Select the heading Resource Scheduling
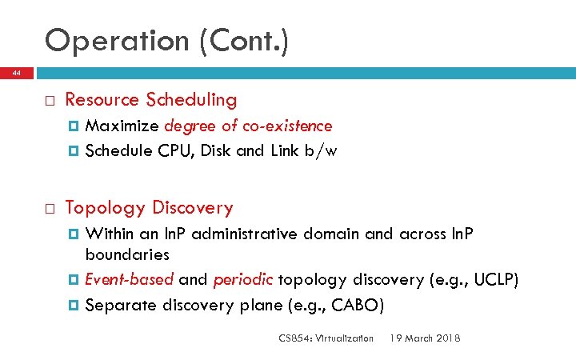pyautogui.click(x=150, y=100)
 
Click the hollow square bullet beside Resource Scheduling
pyautogui.click(x=49, y=101)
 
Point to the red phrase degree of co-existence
pyautogui.click(x=248, y=126)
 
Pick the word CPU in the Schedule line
pyautogui.click(x=172, y=150)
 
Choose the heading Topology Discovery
pyautogui.click(x=149, y=209)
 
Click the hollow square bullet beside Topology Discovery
pyautogui.click(x=49, y=210)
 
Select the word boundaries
pyautogui.click(x=127, y=255)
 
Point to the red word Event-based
pyautogui.click(x=129, y=280)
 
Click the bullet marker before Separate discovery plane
pyautogui.click(x=74, y=305)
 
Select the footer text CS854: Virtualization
pyautogui.click(x=326, y=338)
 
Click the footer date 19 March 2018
pyautogui.click(x=425, y=338)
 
